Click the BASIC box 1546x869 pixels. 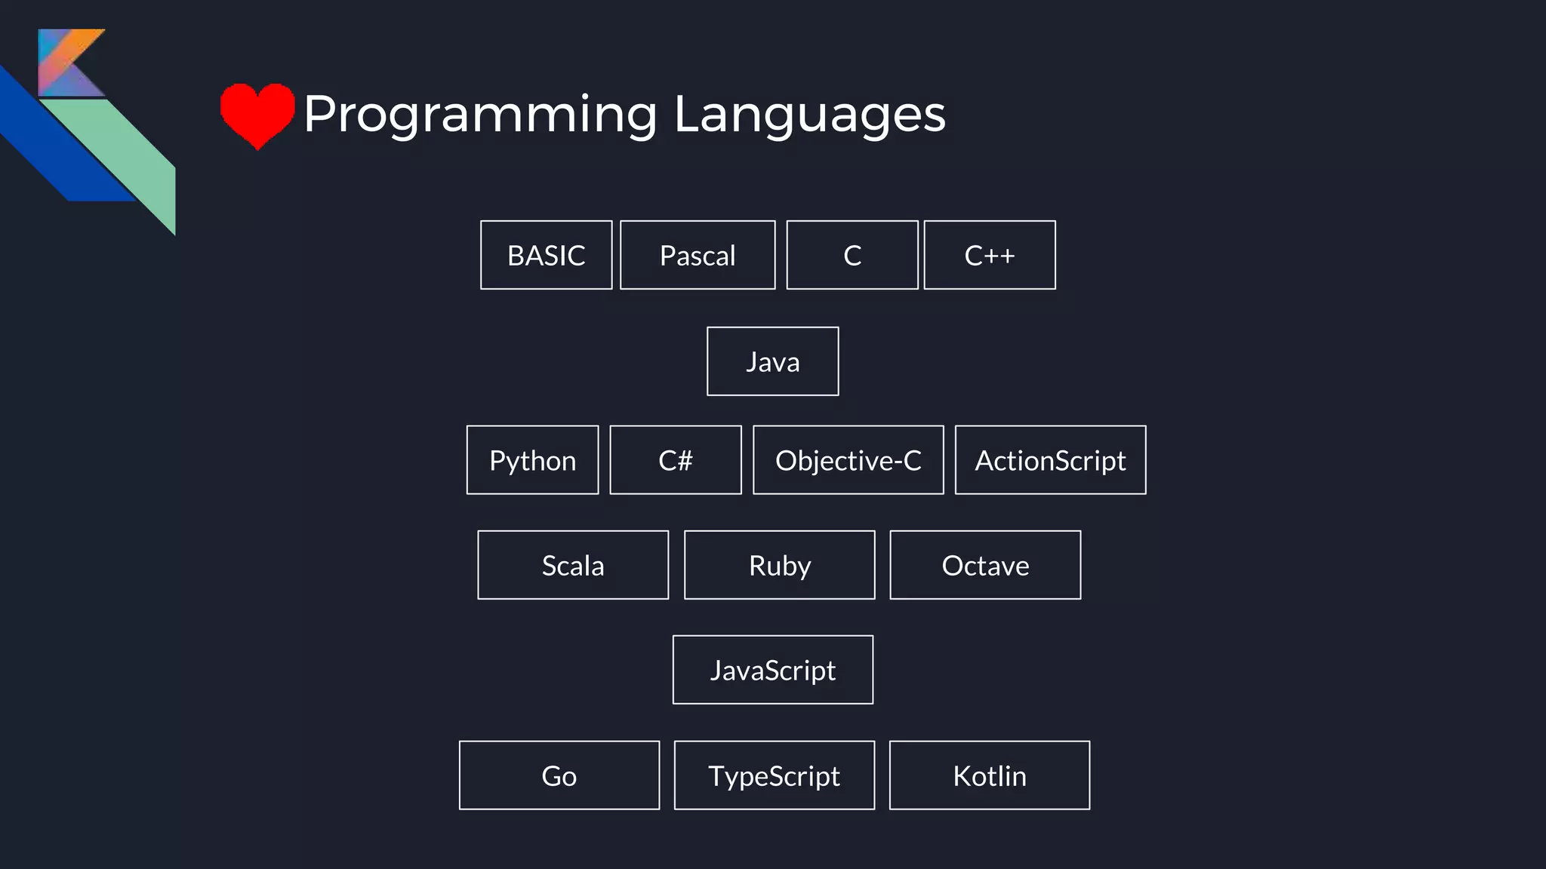[546, 255]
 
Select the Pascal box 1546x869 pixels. [698, 255]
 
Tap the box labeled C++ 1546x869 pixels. [989, 255]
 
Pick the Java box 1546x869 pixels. [772, 361]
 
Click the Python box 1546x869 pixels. [532, 460]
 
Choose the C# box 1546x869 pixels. [675, 460]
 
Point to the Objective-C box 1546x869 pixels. [848, 460]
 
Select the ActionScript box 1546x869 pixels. [1050, 460]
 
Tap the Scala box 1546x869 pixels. [573, 565]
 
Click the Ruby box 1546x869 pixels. [779, 565]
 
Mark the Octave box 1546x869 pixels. [985, 565]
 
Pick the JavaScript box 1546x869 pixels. [772, 670]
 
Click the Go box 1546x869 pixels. [559, 775]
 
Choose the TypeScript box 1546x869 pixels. [774, 775]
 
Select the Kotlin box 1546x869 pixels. [989, 775]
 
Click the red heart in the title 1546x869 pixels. [257, 113]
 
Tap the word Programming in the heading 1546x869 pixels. [480, 115]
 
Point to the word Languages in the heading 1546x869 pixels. [809, 115]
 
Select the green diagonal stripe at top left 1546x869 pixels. [128, 158]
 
